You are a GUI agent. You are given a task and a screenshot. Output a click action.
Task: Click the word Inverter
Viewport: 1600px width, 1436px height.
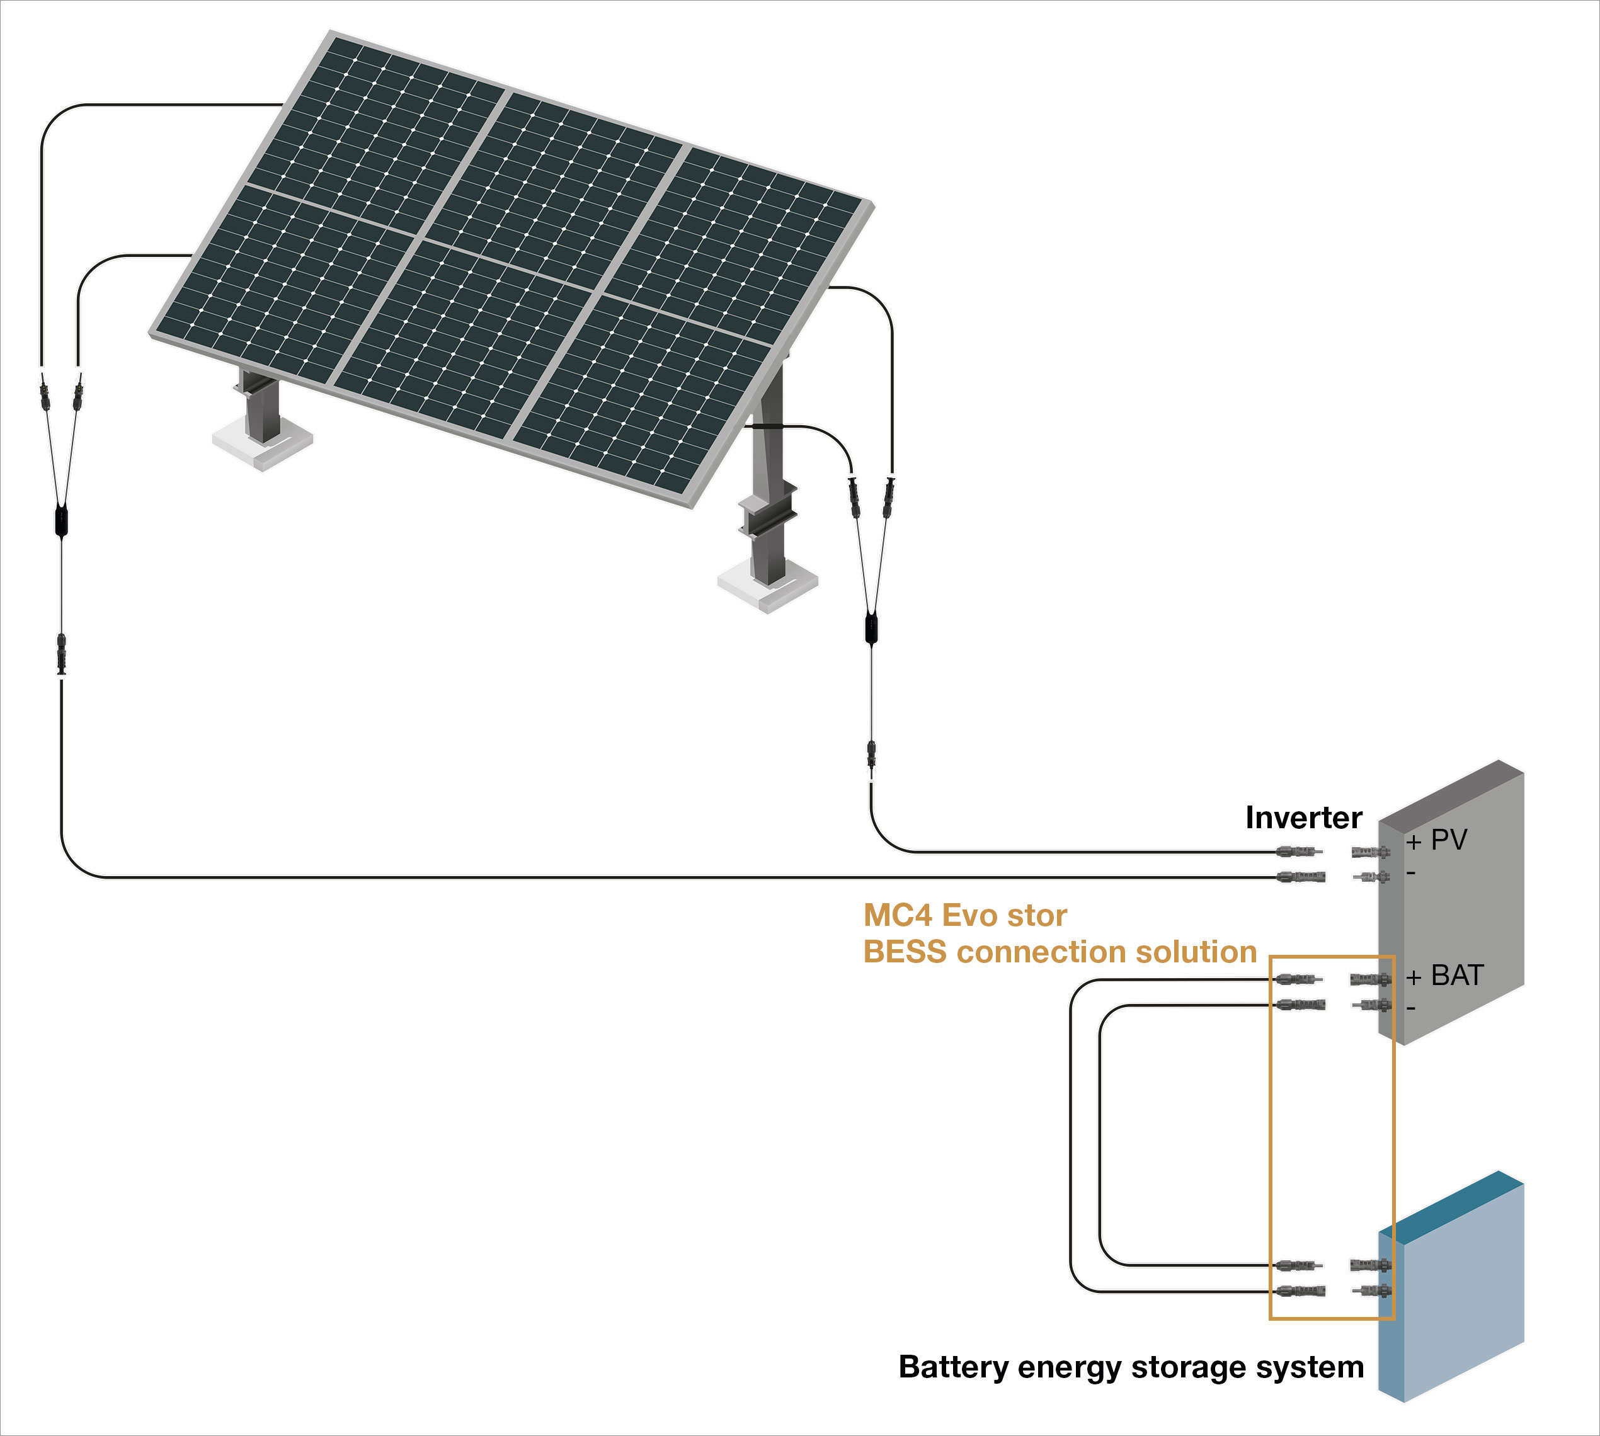point(1303,818)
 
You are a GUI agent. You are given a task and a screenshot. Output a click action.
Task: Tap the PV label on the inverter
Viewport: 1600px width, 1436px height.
point(1449,840)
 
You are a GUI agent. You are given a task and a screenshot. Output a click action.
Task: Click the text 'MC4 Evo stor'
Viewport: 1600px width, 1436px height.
point(965,915)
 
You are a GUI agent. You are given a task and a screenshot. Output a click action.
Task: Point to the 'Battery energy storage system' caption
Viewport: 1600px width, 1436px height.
point(1131,1367)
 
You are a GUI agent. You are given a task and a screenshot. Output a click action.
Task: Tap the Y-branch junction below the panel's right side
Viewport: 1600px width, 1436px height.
point(871,629)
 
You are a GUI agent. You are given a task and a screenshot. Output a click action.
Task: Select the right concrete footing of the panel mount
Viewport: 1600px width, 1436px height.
point(767,586)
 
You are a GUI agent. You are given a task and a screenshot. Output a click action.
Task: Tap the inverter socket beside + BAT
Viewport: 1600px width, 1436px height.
point(1371,980)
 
